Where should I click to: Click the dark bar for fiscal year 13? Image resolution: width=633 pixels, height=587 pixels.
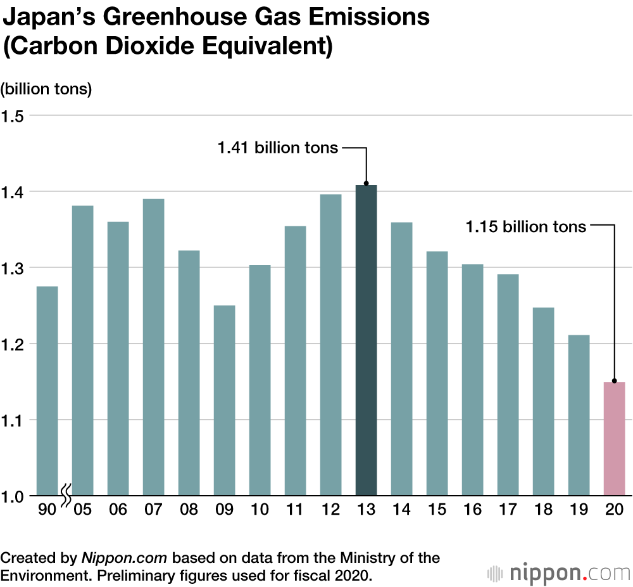366,340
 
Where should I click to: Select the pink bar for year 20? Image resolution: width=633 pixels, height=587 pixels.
614,439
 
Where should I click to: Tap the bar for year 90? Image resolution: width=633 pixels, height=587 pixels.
47,390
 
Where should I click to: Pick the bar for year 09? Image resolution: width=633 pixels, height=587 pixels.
224,400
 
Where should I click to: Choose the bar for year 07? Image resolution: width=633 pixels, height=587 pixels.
153,347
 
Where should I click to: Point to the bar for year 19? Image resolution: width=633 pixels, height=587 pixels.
579,415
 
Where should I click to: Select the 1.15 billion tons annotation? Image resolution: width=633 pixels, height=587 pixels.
525,226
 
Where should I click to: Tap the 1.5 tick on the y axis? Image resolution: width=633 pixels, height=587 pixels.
12,116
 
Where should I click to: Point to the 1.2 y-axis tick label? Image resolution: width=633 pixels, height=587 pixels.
12,344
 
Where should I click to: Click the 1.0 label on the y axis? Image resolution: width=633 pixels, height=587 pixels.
12,496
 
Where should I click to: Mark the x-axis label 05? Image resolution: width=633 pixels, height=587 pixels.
82,510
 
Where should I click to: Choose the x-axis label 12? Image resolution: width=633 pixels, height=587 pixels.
330,510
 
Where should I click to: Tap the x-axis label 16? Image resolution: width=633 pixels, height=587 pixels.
472,510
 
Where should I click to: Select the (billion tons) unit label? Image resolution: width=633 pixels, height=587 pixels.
46,89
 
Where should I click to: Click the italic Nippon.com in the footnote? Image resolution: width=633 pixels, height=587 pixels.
124,558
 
